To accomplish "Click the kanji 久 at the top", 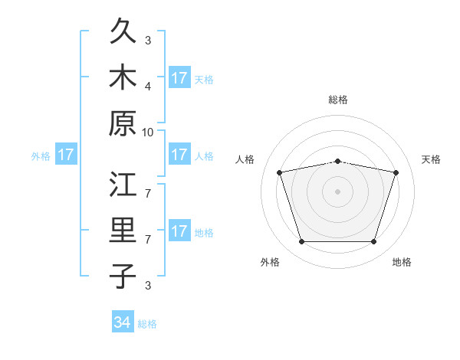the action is pos(123,31).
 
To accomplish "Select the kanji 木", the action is pos(123,77).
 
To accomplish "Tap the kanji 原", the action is pos(123,123).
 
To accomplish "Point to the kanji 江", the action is pos(123,184).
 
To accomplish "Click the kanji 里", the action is pos(123,230).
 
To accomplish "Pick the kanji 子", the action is pos(123,276).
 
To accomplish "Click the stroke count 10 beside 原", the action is pos(147,133).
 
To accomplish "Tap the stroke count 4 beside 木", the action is pos(148,87).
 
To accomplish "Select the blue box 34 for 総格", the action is pos(123,321).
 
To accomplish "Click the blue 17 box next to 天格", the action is pos(180,77).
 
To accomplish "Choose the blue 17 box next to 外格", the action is pos(66,154).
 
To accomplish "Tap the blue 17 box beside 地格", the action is pos(180,230).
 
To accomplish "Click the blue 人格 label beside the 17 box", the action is pos(204,156).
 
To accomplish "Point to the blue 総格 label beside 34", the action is pos(147,324).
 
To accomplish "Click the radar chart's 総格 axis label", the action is pos(338,100).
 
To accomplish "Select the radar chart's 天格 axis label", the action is pos(431,159).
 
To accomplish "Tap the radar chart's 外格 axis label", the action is pos(270,262).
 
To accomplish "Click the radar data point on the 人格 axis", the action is pos(280,172).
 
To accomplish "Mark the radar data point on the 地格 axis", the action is pos(374,242).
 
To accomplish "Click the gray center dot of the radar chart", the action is pos(337,191).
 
